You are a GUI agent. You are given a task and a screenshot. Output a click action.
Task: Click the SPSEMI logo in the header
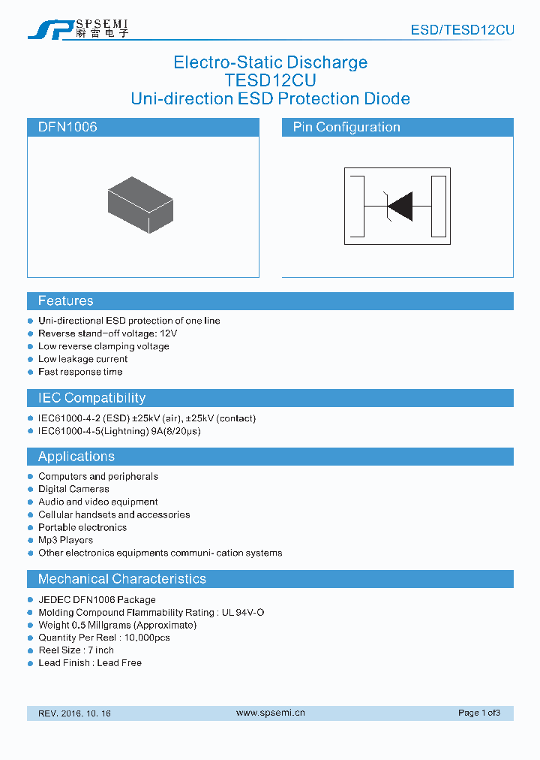coord(78,29)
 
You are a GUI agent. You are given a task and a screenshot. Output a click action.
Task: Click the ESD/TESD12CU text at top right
coord(462,30)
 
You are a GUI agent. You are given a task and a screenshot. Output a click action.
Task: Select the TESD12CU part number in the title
coord(270,80)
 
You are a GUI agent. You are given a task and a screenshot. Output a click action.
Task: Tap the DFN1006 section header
coord(67,127)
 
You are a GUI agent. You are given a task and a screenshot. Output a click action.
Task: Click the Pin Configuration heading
coord(346,127)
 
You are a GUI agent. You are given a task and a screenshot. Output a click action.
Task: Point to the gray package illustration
coord(140,204)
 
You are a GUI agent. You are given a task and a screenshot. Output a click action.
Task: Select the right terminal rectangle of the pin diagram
coord(439,205)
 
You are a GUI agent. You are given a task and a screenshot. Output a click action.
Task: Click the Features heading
coord(66,301)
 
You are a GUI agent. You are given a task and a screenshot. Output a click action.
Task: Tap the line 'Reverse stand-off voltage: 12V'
coord(107,333)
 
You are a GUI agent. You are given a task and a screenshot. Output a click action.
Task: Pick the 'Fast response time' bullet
coord(80,372)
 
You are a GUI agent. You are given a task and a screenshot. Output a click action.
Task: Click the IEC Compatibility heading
coord(91,398)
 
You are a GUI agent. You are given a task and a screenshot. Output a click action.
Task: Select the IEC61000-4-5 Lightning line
coord(119,431)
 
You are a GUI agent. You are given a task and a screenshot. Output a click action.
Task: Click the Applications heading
coord(76,457)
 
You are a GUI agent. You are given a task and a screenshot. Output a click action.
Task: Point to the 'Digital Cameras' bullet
coord(73,489)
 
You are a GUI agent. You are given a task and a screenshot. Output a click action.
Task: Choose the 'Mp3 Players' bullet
coord(66,540)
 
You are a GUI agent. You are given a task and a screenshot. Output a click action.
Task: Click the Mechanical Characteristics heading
coord(121,579)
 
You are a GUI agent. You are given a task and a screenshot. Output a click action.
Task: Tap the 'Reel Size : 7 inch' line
coord(76,650)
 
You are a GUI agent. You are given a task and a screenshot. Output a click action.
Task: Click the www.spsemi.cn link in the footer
coord(270,713)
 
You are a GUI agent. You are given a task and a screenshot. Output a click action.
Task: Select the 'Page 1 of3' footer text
coord(478,713)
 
